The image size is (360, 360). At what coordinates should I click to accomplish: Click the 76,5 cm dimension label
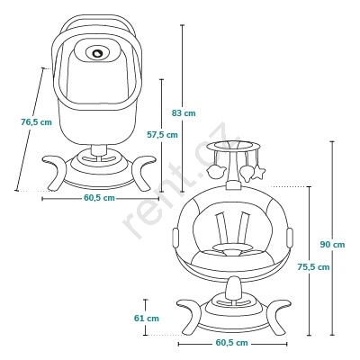click(x=36, y=122)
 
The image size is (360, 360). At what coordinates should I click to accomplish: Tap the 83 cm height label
click(x=184, y=113)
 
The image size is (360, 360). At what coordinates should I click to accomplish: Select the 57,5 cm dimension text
click(x=162, y=135)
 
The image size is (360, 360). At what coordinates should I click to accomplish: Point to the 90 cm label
click(x=332, y=245)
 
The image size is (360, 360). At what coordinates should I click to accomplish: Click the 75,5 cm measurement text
click(x=313, y=266)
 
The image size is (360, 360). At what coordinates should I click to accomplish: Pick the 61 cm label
click(x=147, y=318)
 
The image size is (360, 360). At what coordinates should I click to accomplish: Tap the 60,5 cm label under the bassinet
click(x=99, y=198)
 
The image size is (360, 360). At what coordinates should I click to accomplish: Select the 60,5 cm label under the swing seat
click(x=232, y=343)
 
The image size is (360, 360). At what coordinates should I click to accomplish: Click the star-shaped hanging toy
click(x=258, y=173)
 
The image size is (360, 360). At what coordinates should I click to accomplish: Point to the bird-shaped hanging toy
click(x=215, y=172)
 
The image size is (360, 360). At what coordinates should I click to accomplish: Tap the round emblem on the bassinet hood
click(x=98, y=53)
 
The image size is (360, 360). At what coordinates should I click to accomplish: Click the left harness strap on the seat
click(x=221, y=228)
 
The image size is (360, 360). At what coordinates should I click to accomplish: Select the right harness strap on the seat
click(x=243, y=228)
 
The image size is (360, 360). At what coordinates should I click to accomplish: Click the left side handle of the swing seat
click(x=175, y=238)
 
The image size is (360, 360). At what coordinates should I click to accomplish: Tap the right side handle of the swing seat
click(x=290, y=238)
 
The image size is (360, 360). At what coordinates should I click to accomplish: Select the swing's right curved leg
click(x=276, y=317)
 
